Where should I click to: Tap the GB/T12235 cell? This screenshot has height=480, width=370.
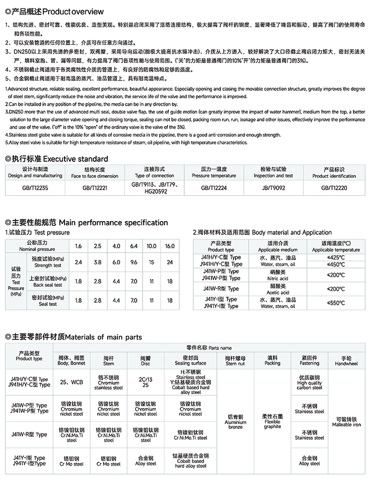click(x=35, y=187)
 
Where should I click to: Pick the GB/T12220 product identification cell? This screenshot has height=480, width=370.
click(x=334, y=187)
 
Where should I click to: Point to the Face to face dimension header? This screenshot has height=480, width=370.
click(x=95, y=172)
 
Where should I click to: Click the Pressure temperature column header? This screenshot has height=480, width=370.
click(x=214, y=172)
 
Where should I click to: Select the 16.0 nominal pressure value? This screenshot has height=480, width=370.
click(x=170, y=246)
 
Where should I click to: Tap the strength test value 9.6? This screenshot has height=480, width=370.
click(x=133, y=263)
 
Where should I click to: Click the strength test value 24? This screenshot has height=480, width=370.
click(x=170, y=263)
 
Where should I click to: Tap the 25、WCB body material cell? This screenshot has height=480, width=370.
click(x=71, y=383)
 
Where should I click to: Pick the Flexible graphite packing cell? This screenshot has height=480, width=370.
click(x=272, y=422)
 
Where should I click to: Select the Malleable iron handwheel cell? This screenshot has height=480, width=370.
click(x=350, y=422)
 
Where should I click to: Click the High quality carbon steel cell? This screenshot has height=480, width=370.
click(x=309, y=383)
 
